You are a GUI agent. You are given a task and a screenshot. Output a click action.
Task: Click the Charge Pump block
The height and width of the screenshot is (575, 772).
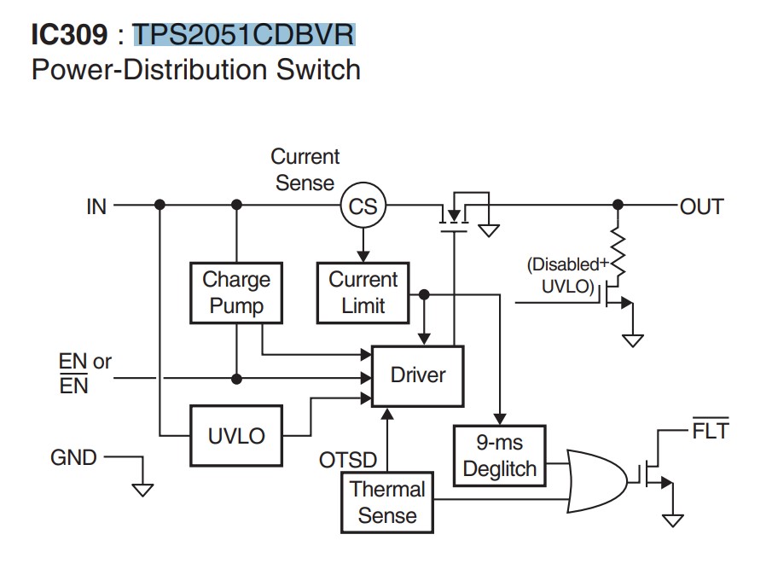click(x=236, y=293)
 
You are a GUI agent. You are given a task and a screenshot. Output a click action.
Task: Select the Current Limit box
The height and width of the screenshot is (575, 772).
click(x=363, y=293)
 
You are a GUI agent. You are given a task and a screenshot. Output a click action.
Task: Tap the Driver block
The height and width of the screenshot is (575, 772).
click(x=418, y=375)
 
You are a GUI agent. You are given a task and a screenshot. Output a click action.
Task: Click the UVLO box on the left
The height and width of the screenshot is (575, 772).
click(x=236, y=436)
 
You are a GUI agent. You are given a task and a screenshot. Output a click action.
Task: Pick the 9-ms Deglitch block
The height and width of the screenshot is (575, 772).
click(x=500, y=456)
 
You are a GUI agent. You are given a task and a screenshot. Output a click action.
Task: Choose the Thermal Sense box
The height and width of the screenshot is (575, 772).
click(x=387, y=502)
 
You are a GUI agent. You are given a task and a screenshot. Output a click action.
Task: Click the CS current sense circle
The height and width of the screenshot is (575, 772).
click(x=363, y=206)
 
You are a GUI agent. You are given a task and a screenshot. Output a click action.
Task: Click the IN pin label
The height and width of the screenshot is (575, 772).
click(x=96, y=206)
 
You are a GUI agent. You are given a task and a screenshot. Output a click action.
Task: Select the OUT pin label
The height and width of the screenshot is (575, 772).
click(x=702, y=206)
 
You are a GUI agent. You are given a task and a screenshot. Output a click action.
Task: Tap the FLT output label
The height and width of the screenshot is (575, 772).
click(x=711, y=432)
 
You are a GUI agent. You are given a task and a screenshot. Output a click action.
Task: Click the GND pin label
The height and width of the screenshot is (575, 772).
click(x=73, y=458)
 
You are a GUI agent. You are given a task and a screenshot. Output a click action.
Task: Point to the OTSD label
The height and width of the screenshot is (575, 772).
click(x=348, y=461)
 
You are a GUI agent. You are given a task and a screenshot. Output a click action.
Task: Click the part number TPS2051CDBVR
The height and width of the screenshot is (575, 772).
click(x=243, y=35)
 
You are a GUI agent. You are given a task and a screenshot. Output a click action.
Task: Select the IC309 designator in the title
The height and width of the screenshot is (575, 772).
click(x=69, y=35)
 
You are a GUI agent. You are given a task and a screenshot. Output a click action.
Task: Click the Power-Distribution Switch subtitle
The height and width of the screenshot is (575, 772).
click(x=195, y=69)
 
